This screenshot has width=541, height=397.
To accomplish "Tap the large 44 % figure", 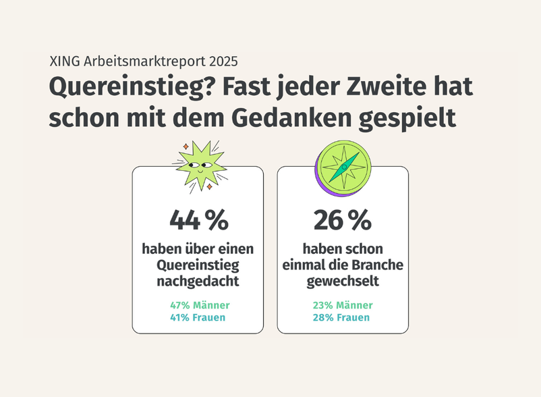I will point(198,219).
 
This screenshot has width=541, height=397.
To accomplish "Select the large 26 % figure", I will point(343,219).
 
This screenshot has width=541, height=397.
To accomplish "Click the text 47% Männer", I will point(200,305).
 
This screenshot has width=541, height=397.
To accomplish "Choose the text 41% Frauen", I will point(198,317).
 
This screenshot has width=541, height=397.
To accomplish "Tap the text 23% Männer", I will point(343,305).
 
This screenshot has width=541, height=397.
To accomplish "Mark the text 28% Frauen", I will point(341,317).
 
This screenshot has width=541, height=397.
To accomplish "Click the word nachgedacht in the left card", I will point(198,280).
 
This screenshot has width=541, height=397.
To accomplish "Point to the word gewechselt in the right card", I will point(343,280).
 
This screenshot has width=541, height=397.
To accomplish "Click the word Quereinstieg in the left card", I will point(198,265).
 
